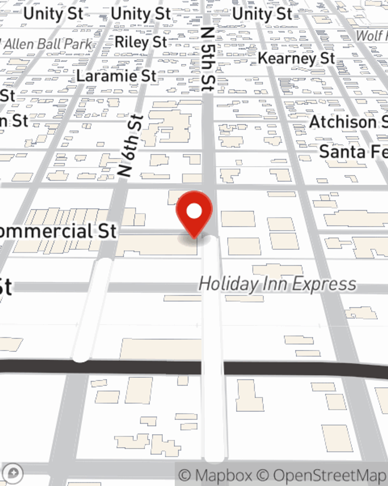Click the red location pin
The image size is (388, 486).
194,214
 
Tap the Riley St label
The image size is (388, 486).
141,42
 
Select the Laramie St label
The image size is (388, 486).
116,75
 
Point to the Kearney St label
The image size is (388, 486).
296,58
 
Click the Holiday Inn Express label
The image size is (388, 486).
277,284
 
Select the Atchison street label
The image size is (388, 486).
348,122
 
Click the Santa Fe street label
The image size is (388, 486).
353,152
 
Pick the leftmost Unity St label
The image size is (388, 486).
53,14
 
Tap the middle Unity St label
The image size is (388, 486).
140,14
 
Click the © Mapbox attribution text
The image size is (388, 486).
216,475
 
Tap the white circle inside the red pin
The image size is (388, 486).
194,212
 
